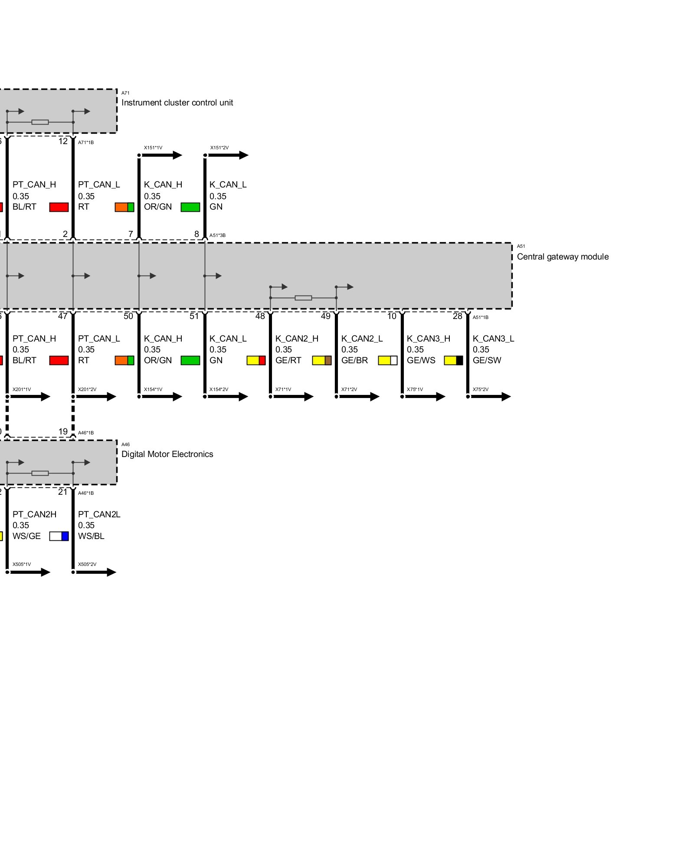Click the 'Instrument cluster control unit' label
(x=177, y=103)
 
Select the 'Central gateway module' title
(x=563, y=257)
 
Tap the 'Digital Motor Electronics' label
(x=167, y=454)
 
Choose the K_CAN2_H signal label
(x=297, y=339)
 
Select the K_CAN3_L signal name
(x=493, y=339)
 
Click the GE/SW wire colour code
(x=487, y=361)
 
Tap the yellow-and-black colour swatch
(x=453, y=360)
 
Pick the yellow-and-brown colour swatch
(x=322, y=360)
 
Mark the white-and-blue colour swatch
(x=59, y=536)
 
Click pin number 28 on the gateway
(x=457, y=316)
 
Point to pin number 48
(x=260, y=316)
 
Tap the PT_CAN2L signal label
(x=99, y=514)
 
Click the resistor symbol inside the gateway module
(x=303, y=298)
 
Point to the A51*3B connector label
(x=217, y=236)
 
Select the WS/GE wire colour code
(x=26, y=536)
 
